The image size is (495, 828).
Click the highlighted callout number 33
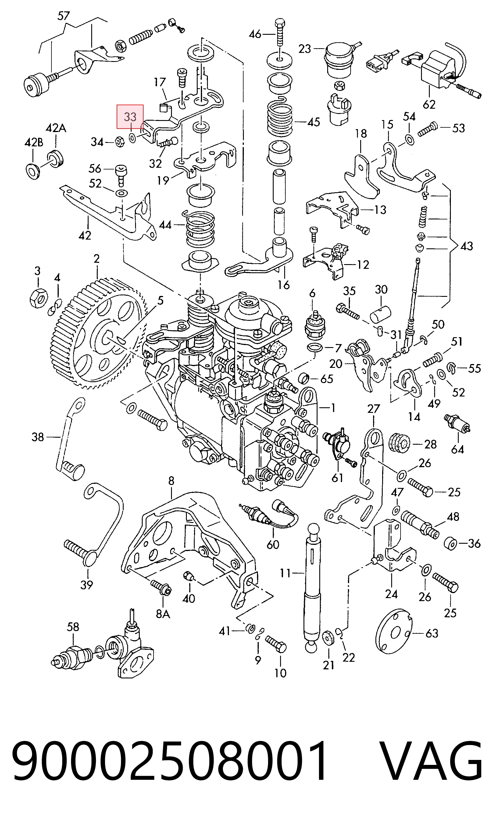(x=130, y=117)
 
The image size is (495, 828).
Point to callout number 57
(x=63, y=16)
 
